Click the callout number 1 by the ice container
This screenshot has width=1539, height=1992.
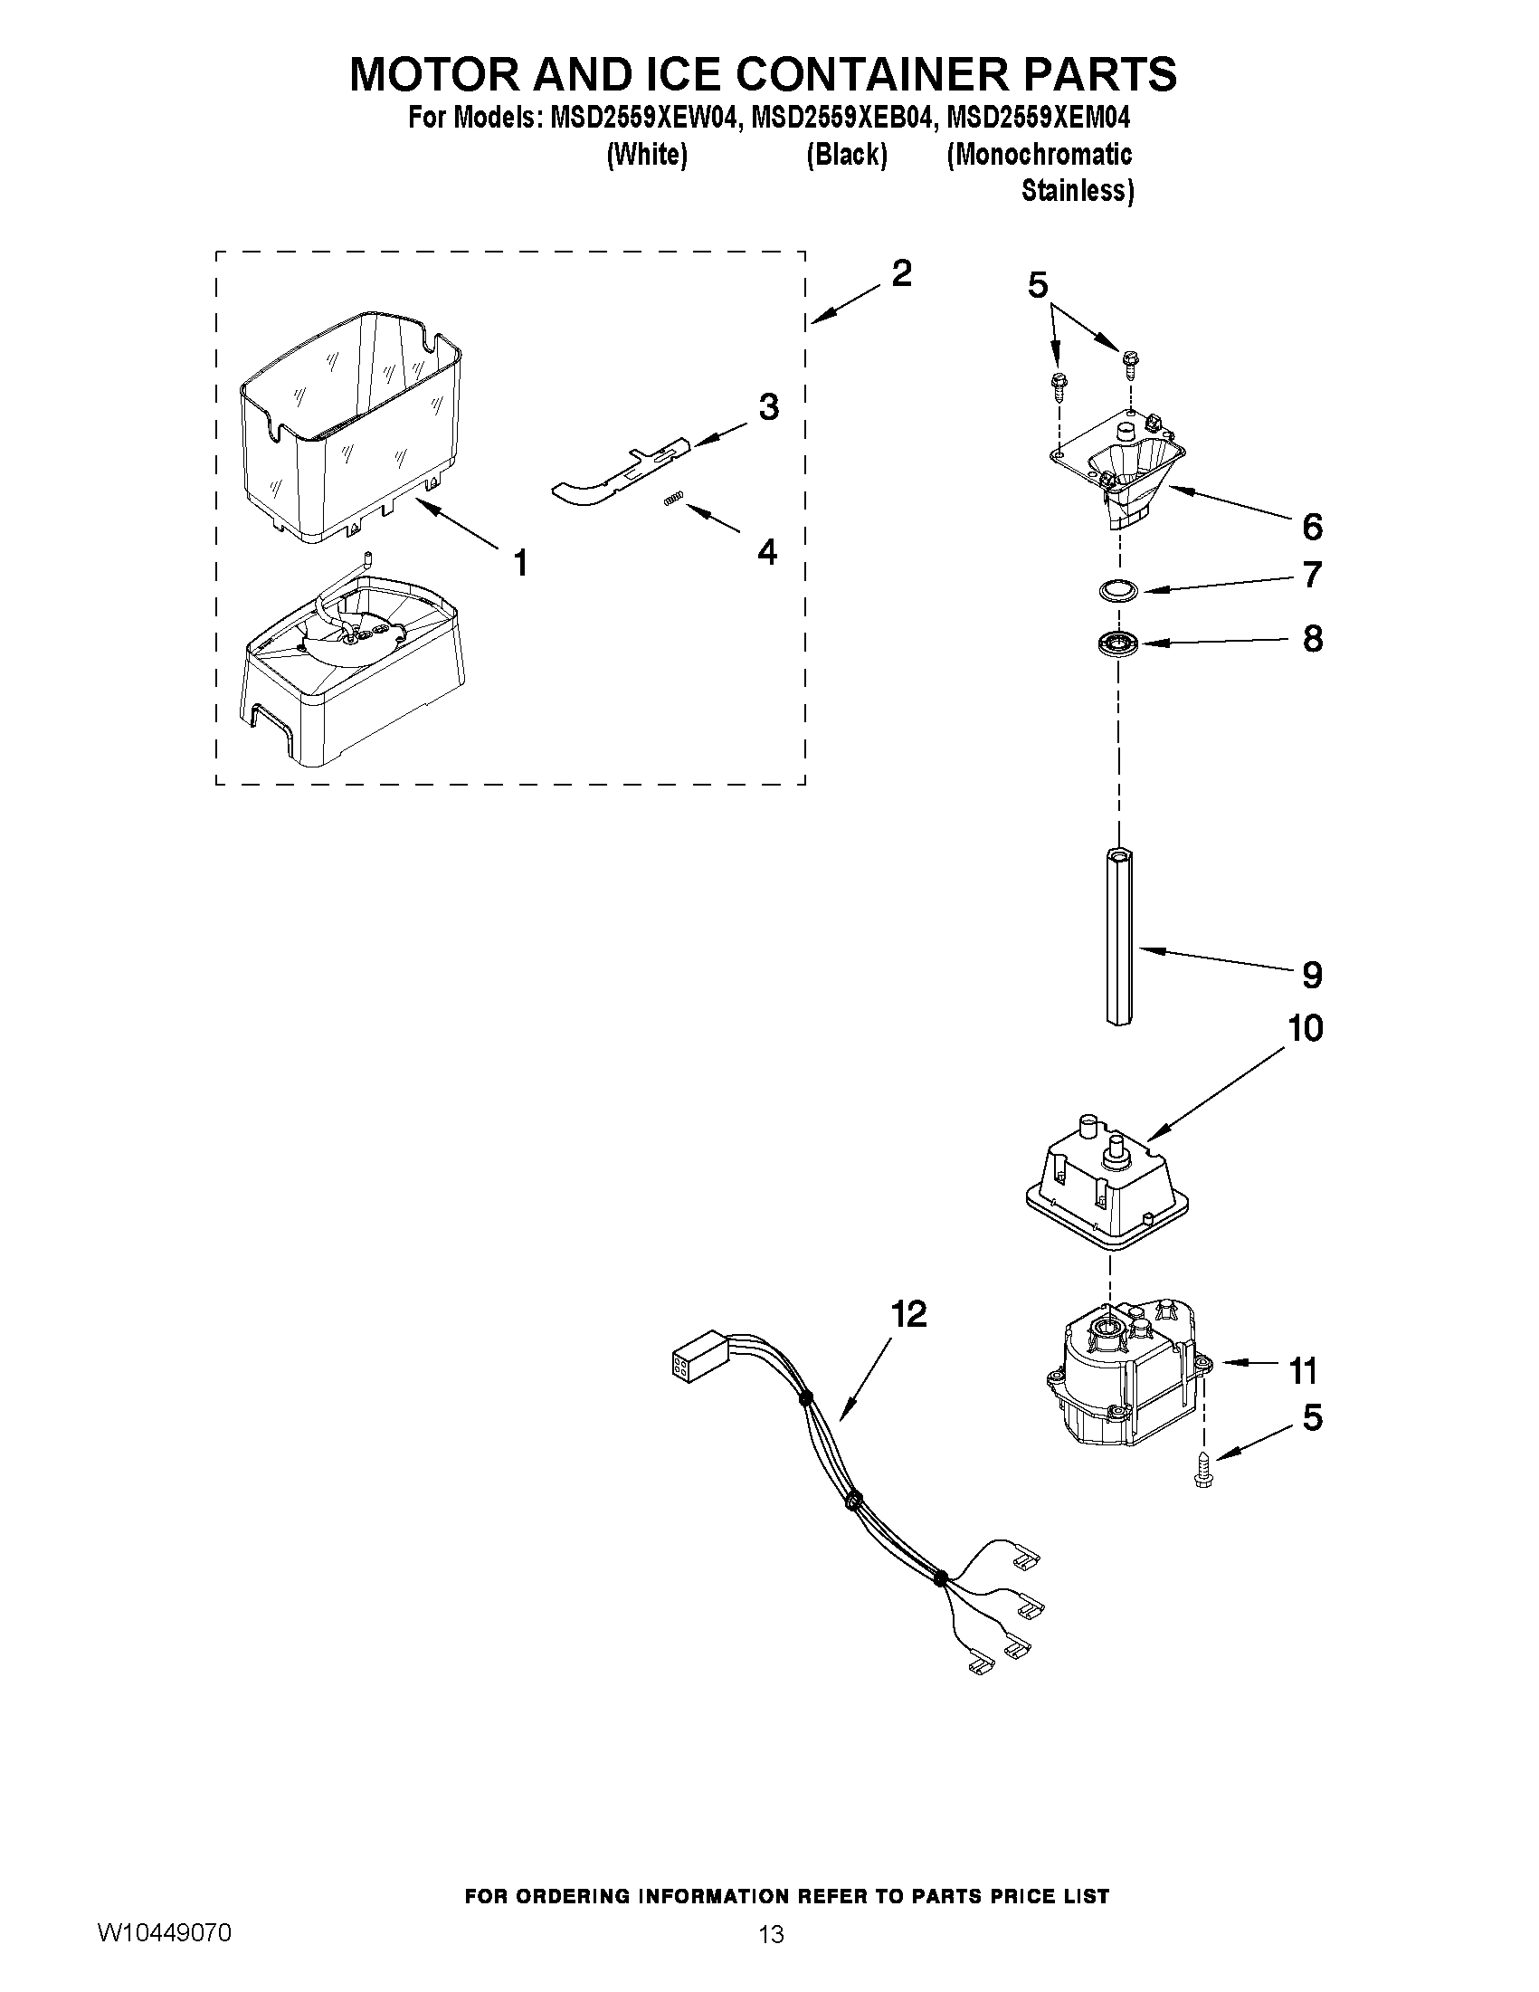click(x=519, y=563)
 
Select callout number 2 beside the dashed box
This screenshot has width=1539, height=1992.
click(x=901, y=272)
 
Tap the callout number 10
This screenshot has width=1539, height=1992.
click(x=1305, y=1028)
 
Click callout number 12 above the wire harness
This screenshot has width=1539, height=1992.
click(x=908, y=1314)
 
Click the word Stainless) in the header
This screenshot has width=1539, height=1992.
click(x=1078, y=191)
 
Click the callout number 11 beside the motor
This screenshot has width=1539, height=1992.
click(x=1304, y=1370)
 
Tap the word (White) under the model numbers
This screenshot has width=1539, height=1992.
click(x=646, y=155)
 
